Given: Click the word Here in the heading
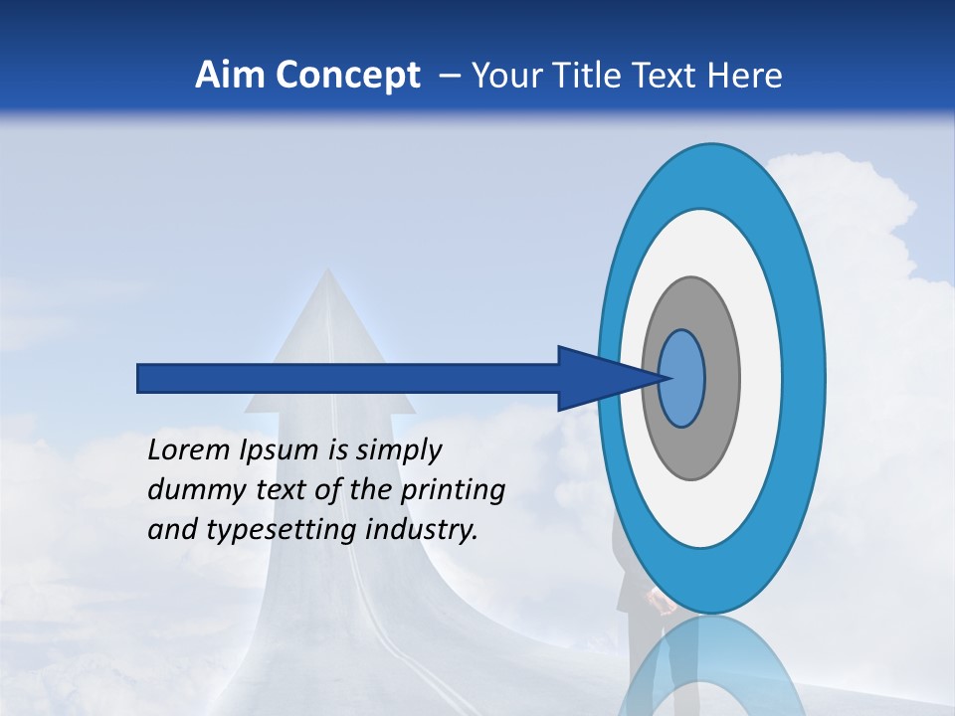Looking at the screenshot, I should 745,76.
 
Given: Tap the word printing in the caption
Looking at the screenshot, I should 453,490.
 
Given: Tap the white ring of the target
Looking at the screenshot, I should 761,378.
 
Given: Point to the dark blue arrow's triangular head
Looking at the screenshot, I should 597,378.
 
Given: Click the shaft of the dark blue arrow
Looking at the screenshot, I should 348,378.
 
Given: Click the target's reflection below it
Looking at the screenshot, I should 711,666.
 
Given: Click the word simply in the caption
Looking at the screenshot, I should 399,450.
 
